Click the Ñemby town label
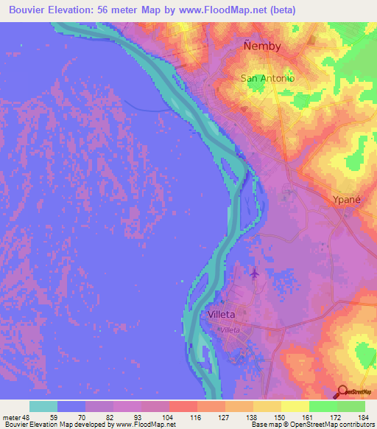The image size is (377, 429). point(262,46)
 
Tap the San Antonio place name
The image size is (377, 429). point(268,78)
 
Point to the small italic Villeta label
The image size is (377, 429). point(230,331)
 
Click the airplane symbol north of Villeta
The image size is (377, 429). point(255,274)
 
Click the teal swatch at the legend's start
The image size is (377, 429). point(43,406)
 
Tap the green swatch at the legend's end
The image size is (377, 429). point(351,406)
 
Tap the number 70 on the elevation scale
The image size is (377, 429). point(85,417)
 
